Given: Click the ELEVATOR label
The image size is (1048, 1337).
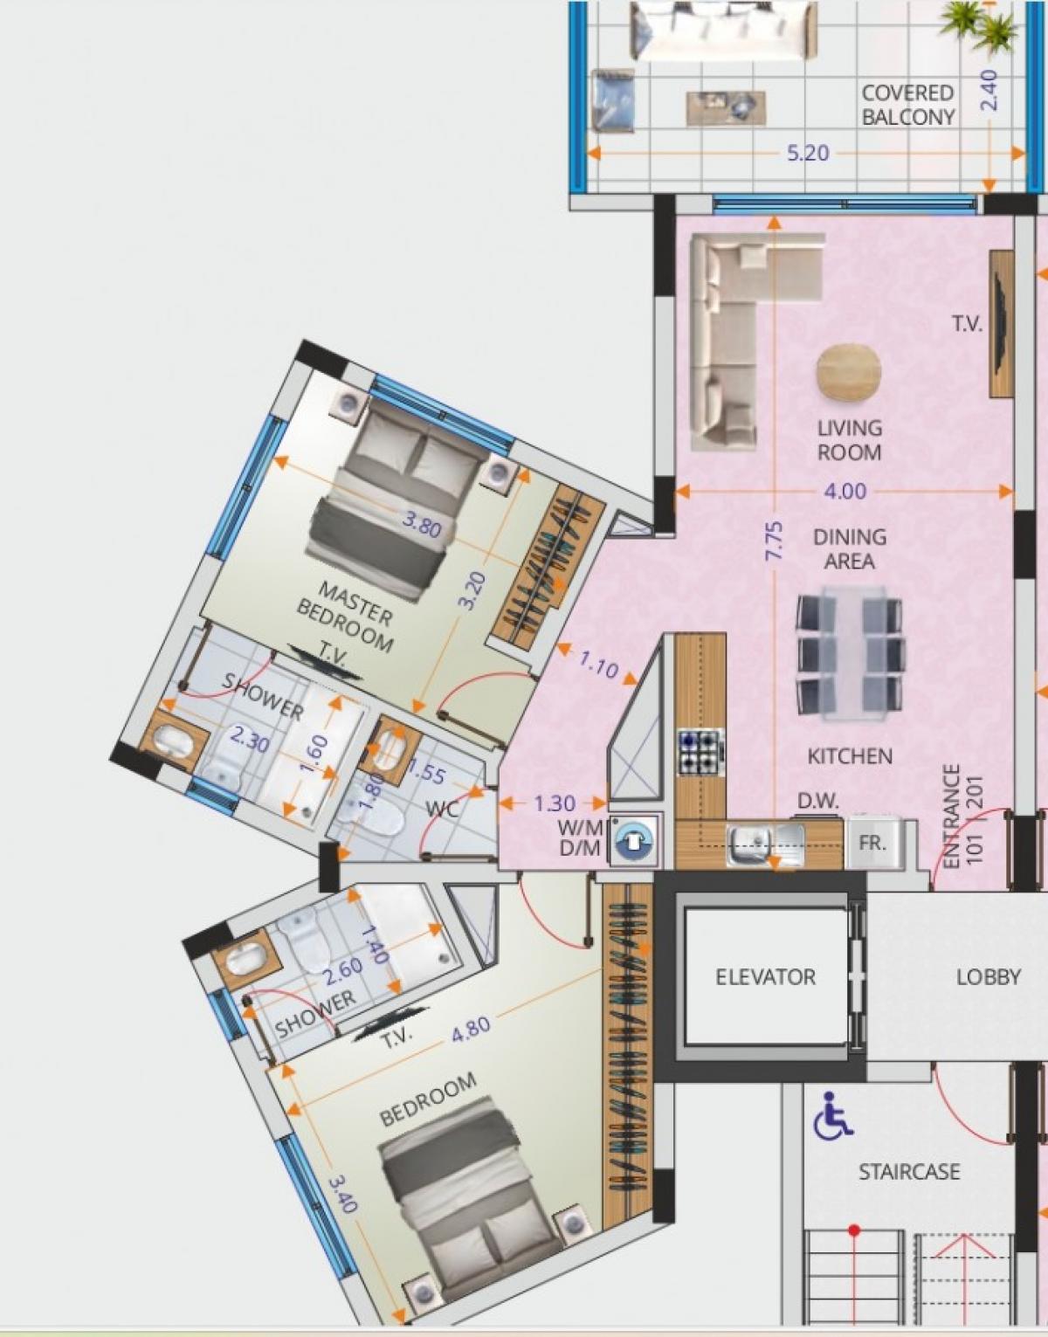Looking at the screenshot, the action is pos(765,977).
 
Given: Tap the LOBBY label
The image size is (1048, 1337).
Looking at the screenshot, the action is pos(989,977).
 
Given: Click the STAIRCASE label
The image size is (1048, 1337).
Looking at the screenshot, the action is pos(909,1171).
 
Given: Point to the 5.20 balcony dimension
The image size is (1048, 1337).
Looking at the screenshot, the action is pos(808,153).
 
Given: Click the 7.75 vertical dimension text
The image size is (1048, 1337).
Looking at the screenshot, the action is pos(775,541).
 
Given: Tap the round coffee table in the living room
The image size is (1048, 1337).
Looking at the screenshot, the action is pos(849,373).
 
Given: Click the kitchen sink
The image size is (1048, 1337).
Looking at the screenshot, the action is pos(765,844).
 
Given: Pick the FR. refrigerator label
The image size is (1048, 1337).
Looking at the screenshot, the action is pos(872,843).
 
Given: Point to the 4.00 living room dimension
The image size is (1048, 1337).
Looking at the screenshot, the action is pos(845,491).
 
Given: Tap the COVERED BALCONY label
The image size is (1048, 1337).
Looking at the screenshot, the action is pos(908,105).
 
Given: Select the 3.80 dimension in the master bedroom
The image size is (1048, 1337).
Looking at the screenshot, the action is pos(422,525).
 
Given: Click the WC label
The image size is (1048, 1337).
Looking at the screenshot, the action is pos(442,809).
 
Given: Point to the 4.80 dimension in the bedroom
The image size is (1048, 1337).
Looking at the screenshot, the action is pos(471,1030).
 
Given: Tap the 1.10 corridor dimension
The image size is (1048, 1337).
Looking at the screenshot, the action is pos(598,665).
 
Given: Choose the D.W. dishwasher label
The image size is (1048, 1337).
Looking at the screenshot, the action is pos(818,802).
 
